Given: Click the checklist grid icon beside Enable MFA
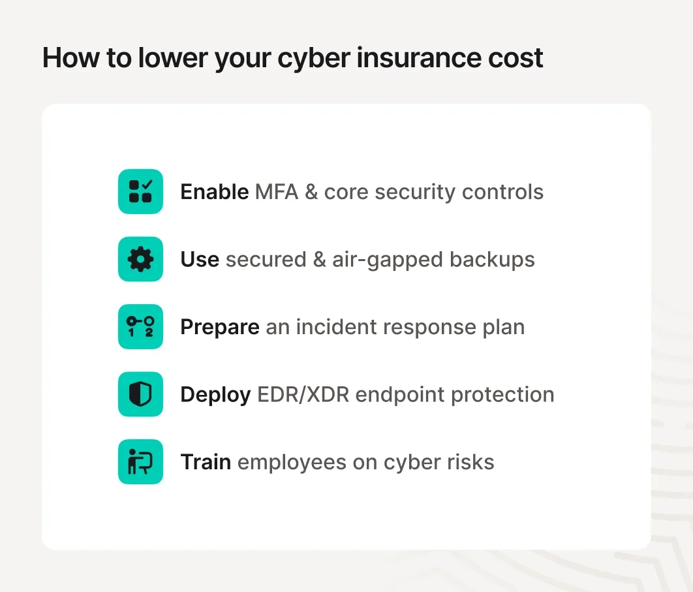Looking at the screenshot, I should pos(140,191).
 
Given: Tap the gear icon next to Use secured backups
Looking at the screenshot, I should pos(140,259).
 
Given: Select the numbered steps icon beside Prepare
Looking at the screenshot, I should pos(140,326).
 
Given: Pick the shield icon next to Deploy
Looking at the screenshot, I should pos(140,394).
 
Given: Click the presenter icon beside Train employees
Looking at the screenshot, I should pos(140,462).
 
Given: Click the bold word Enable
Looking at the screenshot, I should pos(214,192).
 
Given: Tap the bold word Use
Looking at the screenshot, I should pos(200,260).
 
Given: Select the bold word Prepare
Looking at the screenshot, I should pos(220,327).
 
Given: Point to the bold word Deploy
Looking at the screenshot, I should pos(215,395).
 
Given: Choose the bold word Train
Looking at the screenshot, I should pos(206,463).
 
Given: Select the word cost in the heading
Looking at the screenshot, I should pos(516,58).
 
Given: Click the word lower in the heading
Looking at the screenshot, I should pos(171,58).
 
